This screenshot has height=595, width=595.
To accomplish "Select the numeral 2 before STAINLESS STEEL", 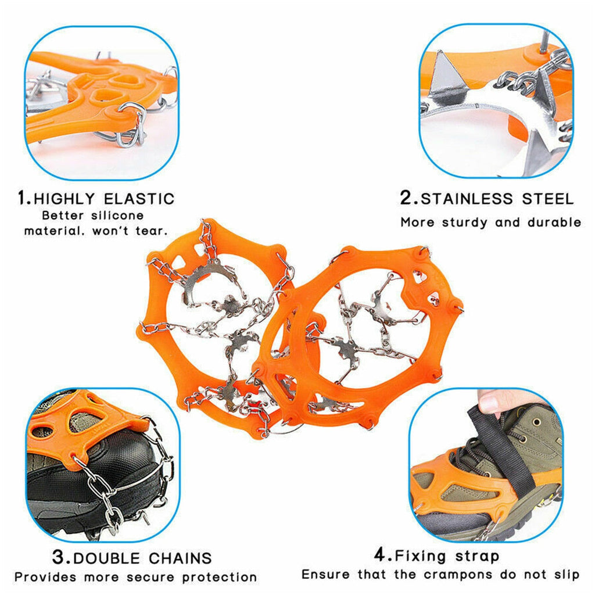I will [x=407, y=198].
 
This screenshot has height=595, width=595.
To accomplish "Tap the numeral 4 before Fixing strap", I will [x=380, y=555].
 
